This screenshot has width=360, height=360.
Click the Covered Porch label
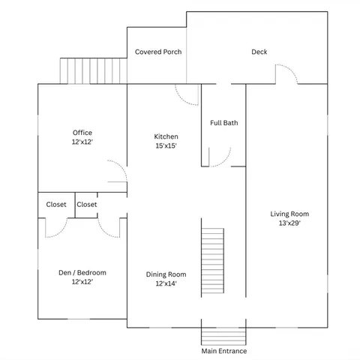click(x=158, y=52)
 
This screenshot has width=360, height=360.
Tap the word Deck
click(x=259, y=52)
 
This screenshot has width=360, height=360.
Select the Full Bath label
click(x=223, y=122)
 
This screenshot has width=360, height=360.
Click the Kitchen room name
click(x=166, y=136)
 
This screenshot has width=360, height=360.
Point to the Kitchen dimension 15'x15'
click(x=166, y=146)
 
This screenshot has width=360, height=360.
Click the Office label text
click(x=82, y=133)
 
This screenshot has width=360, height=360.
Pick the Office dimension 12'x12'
click(x=82, y=142)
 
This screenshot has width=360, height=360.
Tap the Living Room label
click(x=289, y=214)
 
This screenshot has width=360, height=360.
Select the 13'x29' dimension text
click(x=289, y=223)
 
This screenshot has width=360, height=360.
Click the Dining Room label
click(x=166, y=274)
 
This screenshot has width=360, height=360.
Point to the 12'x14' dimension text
click(x=166, y=283)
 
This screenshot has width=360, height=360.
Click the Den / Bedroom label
click(x=82, y=272)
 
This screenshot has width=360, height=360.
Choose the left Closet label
click(x=56, y=204)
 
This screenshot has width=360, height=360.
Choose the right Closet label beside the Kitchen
click(x=86, y=204)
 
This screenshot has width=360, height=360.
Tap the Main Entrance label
click(x=223, y=351)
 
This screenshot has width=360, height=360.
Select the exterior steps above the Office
click(x=93, y=71)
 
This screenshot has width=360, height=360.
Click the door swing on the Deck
click(x=287, y=74)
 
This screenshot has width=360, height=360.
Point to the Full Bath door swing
click(x=219, y=155)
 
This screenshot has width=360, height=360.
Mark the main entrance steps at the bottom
click(x=223, y=331)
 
